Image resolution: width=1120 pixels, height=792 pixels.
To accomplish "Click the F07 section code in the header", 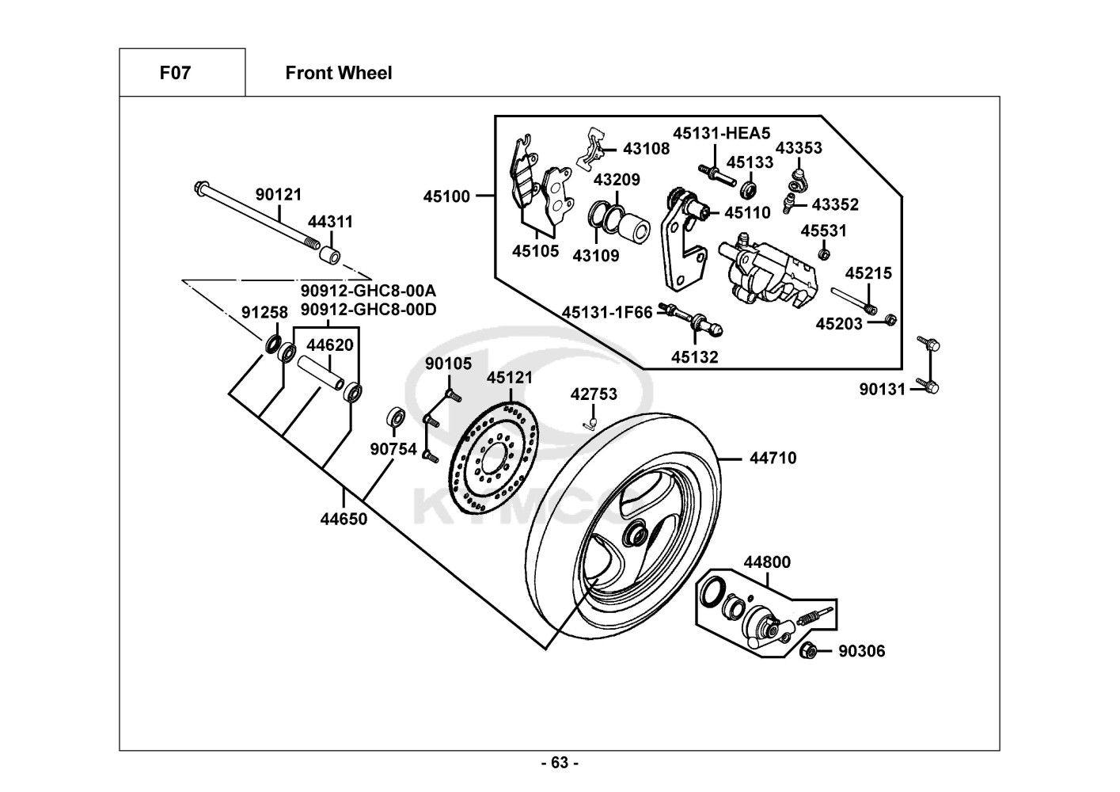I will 175,73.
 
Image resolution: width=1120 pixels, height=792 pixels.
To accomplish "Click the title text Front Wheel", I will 338,73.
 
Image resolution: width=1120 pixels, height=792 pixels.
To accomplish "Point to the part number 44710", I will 773,458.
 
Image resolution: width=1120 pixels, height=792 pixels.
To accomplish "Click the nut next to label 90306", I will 808,651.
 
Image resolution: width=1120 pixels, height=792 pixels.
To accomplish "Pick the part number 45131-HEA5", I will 721,133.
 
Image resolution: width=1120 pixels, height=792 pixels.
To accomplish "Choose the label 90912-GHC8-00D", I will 368,309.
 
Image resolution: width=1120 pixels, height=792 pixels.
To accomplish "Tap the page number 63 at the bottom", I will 560,763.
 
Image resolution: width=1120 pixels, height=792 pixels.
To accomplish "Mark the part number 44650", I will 344,520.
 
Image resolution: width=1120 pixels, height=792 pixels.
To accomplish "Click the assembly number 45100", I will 446,196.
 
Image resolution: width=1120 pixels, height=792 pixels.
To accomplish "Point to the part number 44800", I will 766,562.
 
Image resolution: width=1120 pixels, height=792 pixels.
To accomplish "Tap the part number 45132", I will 695,357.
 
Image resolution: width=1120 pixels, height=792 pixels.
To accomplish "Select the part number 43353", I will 798,148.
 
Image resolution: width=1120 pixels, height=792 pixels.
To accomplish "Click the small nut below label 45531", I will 822,254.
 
